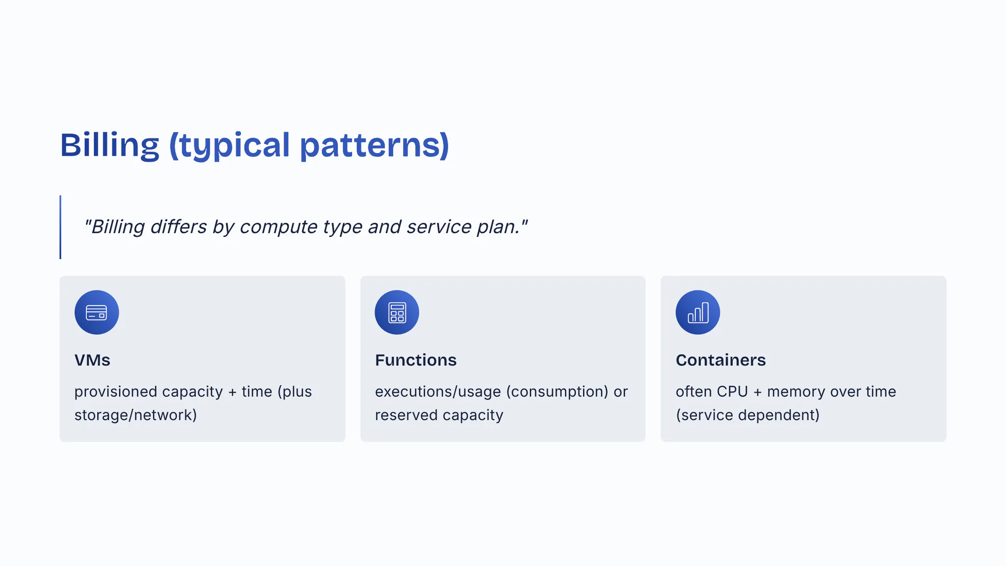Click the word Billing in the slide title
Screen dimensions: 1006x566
(110, 145)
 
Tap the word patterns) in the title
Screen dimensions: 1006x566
(375, 145)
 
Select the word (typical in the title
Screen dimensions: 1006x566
(229, 145)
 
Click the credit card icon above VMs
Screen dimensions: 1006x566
(96, 312)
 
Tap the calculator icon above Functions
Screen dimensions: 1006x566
(397, 312)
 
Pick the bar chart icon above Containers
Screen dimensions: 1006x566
(698, 312)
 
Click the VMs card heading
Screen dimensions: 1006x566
(92, 360)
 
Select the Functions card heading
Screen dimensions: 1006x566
(415, 360)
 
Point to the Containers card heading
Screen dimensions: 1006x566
(720, 360)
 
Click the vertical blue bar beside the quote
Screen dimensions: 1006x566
(60, 227)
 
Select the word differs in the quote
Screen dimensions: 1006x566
(178, 226)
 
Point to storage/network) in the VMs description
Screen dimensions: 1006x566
(136, 415)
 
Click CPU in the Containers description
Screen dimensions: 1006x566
(732, 391)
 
